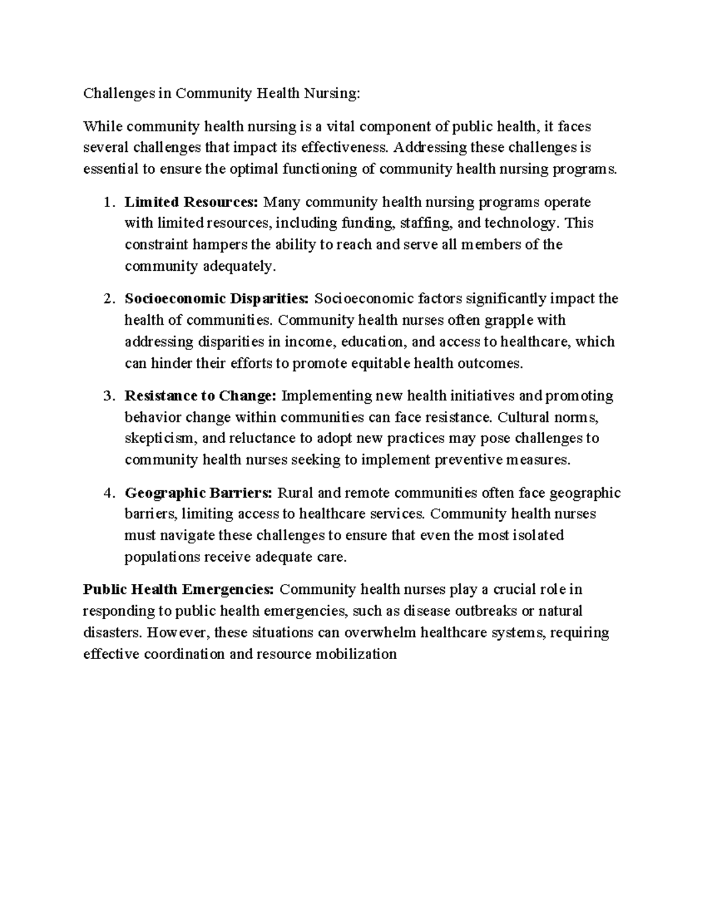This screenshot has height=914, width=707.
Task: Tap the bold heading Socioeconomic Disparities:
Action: tap(216, 299)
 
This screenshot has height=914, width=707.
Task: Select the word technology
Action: tap(524, 224)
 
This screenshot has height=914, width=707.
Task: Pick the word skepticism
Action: tap(163, 439)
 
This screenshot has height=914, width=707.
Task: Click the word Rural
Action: tap(293, 493)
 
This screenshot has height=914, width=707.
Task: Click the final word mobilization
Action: tap(356, 654)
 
